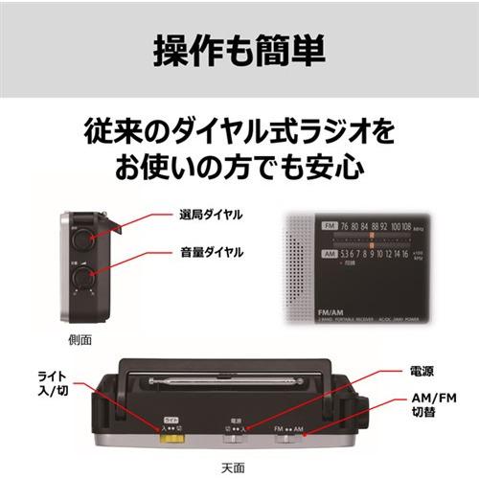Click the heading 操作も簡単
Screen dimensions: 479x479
coord(239,50)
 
